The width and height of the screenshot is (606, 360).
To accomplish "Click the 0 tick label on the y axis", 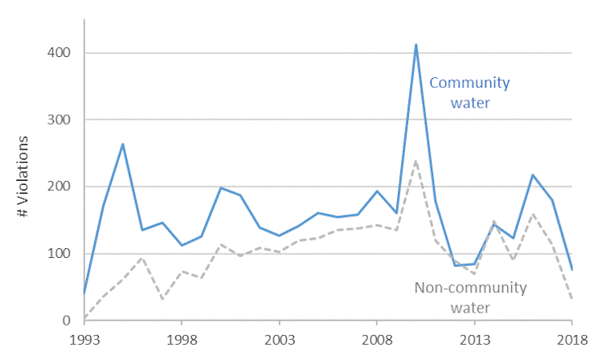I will (70, 321).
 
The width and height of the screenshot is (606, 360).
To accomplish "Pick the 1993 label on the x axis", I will (85, 339).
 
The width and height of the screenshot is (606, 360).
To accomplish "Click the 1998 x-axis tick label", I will (182, 339).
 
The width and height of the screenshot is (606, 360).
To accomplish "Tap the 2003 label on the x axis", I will (280, 339).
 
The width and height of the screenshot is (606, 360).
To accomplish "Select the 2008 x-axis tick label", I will (377, 339).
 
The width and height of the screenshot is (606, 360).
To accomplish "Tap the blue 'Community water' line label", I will (470, 92).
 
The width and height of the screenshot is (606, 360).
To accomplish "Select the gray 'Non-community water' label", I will (470, 297).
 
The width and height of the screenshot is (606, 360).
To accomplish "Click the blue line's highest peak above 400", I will (416, 45).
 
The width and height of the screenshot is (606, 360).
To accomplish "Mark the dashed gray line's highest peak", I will (416, 161).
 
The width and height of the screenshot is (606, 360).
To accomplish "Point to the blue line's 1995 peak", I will (123, 144).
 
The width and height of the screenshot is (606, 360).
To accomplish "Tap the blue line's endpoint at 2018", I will (572, 269).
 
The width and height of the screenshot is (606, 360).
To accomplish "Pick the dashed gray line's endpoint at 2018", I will (572, 300).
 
